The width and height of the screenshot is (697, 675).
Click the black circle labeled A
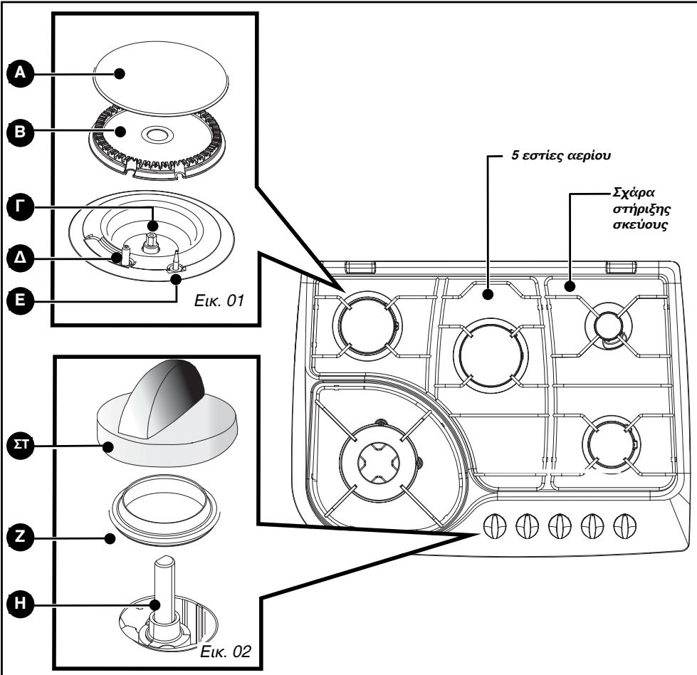point(21,73)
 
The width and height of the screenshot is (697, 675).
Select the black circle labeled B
point(21,132)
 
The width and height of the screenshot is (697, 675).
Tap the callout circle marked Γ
point(21,206)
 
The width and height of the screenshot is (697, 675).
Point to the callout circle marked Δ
point(21,258)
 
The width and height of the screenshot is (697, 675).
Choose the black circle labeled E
point(21,300)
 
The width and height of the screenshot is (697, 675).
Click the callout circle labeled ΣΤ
point(21,444)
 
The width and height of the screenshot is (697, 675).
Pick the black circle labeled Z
point(21,537)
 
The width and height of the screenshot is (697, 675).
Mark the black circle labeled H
point(21,604)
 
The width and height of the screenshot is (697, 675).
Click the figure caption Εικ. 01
point(219,300)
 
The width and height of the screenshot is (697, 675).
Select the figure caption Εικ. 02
point(226,652)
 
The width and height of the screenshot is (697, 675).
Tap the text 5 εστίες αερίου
point(561,156)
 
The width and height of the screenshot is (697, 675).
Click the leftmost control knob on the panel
point(494,525)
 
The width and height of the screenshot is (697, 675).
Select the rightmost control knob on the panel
point(624,525)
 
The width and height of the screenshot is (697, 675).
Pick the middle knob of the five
point(560,525)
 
